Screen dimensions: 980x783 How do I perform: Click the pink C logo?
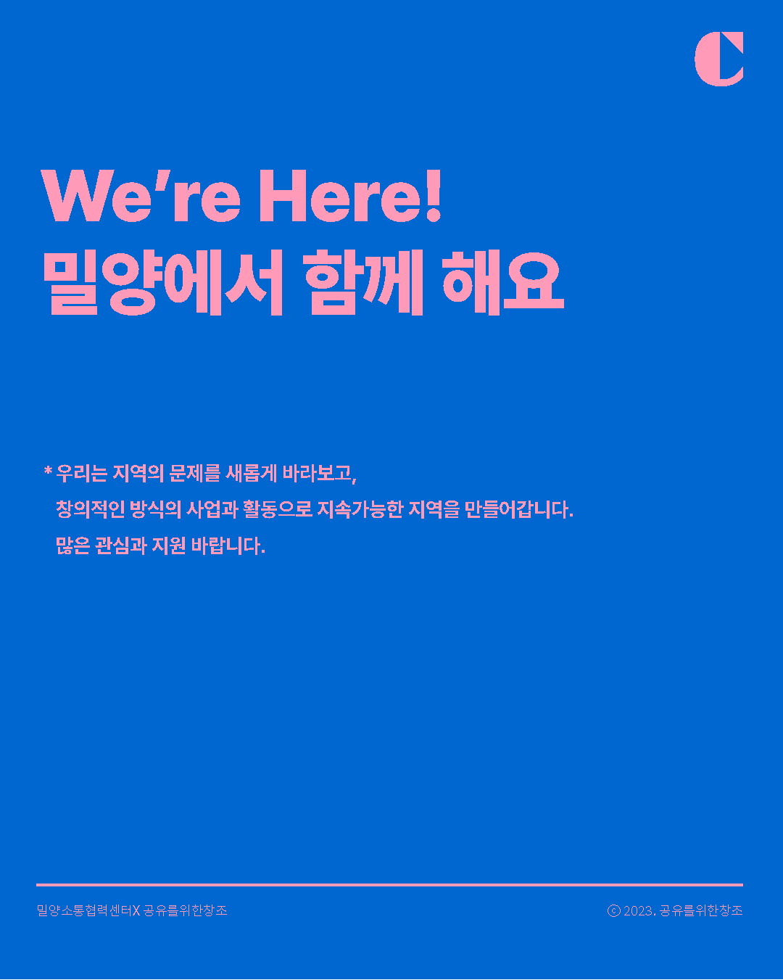click(x=718, y=59)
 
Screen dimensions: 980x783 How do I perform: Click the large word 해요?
click(x=502, y=284)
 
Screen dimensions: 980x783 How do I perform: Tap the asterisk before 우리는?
click(x=48, y=472)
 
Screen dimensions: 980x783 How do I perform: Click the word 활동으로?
click(x=277, y=509)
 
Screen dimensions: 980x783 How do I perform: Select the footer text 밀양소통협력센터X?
click(x=88, y=910)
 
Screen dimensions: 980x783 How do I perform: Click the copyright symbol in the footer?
click(x=613, y=910)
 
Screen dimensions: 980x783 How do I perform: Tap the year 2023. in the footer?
click(x=639, y=910)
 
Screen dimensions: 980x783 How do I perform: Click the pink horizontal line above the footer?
click(x=389, y=885)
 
